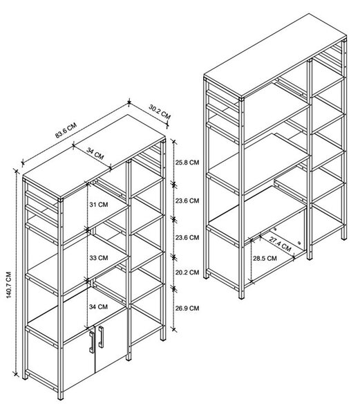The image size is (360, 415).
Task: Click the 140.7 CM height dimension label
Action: [9, 285]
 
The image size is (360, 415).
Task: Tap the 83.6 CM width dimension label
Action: [66, 130]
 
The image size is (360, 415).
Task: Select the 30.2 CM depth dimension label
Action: [160, 111]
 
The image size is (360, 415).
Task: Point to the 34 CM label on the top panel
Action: [95, 154]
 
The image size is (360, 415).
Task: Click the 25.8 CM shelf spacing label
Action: [187, 163]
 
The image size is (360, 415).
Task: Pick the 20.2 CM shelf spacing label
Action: [187, 273]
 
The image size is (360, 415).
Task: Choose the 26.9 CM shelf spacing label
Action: [187, 308]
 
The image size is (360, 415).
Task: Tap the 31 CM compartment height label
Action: [99, 205]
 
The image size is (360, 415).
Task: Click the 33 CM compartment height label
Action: [99, 258]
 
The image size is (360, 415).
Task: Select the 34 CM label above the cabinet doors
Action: [98, 306]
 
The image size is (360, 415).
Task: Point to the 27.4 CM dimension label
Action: [280, 243]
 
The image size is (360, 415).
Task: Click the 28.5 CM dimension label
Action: [265, 258]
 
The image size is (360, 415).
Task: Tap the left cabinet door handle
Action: [91, 342]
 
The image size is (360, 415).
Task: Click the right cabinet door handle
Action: [101, 337]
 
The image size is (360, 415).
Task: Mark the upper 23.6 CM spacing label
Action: [187, 201]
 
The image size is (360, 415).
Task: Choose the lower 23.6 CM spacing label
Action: [187, 237]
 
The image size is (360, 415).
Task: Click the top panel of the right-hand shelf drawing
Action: [275, 55]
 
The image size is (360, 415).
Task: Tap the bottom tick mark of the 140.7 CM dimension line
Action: [16, 374]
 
